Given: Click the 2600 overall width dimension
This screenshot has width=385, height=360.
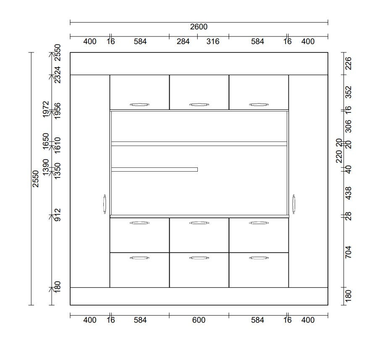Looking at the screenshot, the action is pyautogui.click(x=199, y=26).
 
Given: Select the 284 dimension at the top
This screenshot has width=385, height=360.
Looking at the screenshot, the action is pyautogui.click(x=183, y=41).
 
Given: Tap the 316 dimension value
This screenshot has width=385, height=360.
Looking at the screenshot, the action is pyautogui.click(x=212, y=41).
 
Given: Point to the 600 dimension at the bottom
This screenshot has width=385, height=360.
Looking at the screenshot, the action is pyautogui.click(x=199, y=320).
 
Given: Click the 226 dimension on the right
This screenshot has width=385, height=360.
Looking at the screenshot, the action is pyautogui.click(x=348, y=63).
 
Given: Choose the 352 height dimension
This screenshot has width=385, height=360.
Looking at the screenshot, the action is pyautogui.click(x=348, y=92).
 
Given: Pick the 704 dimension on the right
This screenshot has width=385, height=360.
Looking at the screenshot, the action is pyautogui.click(x=348, y=252).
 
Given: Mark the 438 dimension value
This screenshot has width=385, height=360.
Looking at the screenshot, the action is pyautogui.click(x=348, y=193).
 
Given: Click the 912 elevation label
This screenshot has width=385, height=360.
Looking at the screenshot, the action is pyautogui.click(x=57, y=215).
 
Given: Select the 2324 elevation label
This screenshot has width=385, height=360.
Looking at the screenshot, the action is pyautogui.click(x=57, y=75).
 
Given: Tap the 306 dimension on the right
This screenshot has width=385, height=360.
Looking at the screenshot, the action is pyautogui.click(x=348, y=126).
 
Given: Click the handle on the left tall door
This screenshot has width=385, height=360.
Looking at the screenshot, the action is pyautogui.click(x=105, y=204).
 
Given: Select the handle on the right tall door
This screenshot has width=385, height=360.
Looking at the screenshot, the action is pyautogui.click(x=293, y=204).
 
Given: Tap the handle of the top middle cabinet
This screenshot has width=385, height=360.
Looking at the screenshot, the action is pyautogui.click(x=199, y=104).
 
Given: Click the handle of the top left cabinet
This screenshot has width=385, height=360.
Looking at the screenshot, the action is pyautogui.click(x=139, y=104).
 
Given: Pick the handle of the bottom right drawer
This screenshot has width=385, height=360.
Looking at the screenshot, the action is pyautogui.click(x=259, y=258).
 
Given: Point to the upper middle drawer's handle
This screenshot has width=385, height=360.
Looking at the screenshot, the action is pyautogui.click(x=199, y=223).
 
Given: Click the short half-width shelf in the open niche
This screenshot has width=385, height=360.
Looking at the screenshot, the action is pyautogui.click(x=155, y=170).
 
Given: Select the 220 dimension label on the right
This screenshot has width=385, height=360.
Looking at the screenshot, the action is pyautogui.click(x=339, y=157).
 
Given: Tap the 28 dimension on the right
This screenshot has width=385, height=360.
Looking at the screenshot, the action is pyautogui.click(x=348, y=216).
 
